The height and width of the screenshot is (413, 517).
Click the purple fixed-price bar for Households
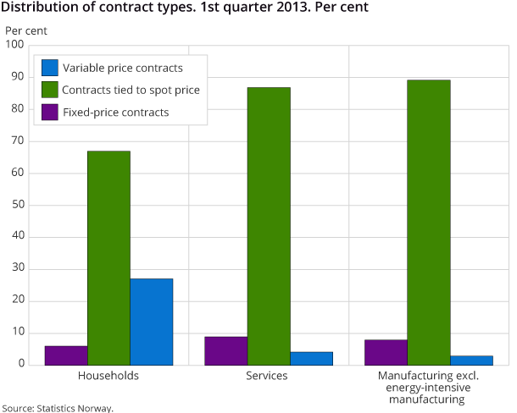click(66, 355)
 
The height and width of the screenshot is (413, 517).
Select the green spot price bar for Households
click(108, 258)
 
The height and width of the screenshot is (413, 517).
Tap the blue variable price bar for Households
click(151, 322)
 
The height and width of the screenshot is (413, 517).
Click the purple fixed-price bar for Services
click(226, 350)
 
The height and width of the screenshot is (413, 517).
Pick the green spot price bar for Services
click(269, 226)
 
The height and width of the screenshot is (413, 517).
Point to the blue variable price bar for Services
click(311, 358)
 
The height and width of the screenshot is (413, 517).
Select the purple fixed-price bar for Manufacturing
click(386, 352)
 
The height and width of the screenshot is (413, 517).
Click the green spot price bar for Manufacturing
click(429, 223)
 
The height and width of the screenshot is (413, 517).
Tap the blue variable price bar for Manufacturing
click(471, 361)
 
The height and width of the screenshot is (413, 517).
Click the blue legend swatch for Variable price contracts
click(49, 68)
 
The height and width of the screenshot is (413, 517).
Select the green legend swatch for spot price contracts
click(49, 90)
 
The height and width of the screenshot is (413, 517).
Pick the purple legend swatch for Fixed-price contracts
click(49, 112)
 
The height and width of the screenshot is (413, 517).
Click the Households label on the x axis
click(108, 375)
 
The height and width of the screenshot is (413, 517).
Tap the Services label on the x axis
click(269, 375)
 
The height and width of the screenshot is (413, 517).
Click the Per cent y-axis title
click(26, 31)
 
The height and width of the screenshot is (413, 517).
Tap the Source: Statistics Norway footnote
click(58, 407)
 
